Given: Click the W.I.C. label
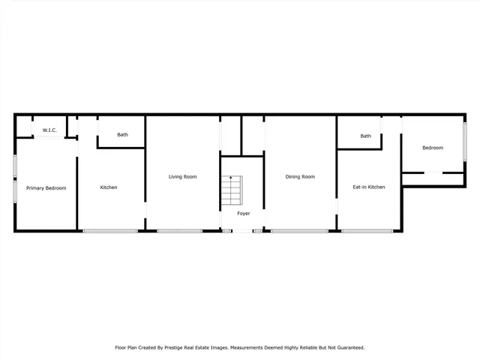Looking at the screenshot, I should click(x=49, y=130).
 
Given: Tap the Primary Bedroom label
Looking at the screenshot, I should click(x=46, y=187).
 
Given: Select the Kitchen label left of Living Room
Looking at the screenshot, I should click(x=109, y=187).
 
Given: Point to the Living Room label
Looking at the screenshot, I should click(x=182, y=176).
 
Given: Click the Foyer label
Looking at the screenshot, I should click(x=244, y=214).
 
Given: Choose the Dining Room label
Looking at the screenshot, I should click(x=300, y=176).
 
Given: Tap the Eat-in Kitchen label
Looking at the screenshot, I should click(x=369, y=187).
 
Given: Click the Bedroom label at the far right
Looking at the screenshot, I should click(x=433, y=148).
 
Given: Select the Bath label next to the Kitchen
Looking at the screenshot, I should click(x=122, y=135).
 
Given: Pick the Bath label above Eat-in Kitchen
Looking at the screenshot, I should click(x=365, y=136).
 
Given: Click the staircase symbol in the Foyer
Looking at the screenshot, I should click(x=232, y=191).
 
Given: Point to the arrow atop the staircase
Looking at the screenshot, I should click(x=232, y=178).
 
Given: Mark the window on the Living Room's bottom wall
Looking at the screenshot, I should click(x=179, y=230).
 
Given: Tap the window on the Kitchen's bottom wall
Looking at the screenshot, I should click(x=109, y=230).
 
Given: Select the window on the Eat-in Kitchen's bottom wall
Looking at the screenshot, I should click(x=367, y=230).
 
